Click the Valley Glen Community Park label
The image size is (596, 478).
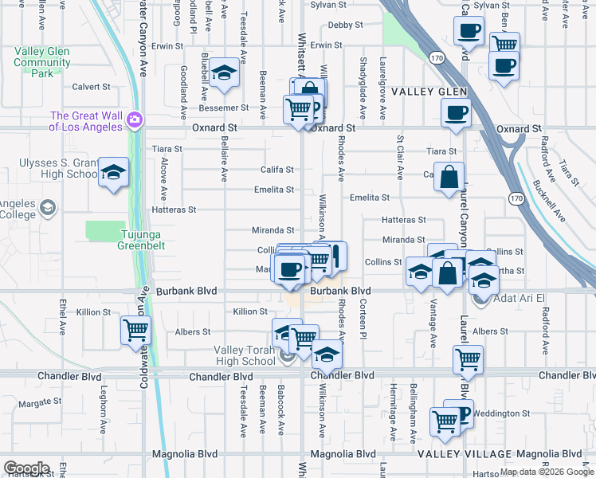[42, 62]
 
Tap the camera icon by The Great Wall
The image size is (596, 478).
[134, 119]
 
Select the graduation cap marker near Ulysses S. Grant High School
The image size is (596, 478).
[113, 173]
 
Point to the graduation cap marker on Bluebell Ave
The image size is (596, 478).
[225, 74]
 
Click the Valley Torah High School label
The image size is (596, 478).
[244, 355]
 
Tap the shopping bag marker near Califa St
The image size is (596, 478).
[449, 177]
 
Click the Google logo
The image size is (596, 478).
[26, 468]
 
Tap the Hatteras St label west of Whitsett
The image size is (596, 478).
[173, 210]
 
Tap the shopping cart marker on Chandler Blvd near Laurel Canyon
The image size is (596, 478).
[468, 359]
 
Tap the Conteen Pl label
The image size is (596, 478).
[363, 323]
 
